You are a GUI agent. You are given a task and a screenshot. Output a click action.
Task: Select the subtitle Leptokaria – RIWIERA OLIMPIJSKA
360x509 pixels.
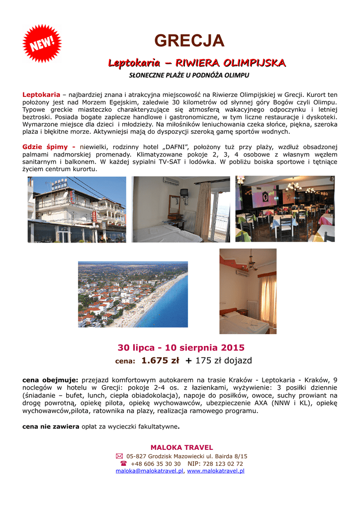(x=197, y=63)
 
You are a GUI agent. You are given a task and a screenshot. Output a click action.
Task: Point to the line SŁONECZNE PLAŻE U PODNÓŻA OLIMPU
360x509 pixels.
(x=188, y=76)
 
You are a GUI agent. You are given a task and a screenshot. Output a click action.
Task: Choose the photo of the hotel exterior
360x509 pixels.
(x=77, y=209)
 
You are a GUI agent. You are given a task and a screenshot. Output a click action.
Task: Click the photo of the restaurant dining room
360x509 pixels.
(x=285, y=209)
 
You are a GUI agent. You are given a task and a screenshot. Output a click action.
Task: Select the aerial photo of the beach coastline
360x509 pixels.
(x=133, y=294)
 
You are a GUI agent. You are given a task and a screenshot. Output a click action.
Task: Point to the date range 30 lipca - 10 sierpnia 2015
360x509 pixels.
(x=181, y=347)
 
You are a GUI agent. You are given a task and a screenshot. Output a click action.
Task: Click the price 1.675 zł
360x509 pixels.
(x=160, y=360)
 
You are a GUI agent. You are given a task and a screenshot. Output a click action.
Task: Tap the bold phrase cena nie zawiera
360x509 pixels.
(x=51, y=426)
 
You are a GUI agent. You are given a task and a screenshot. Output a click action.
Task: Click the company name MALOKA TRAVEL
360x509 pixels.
(x=181, y=447)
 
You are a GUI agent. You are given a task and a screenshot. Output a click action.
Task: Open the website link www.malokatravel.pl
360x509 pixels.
(x=216, y=470)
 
